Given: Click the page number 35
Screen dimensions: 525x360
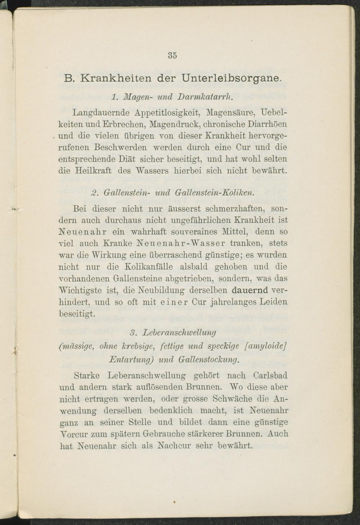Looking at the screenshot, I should pyautogui.click(x=172, y=55).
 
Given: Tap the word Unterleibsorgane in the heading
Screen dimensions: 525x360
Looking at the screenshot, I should pyautogui.click(x=230, y=78).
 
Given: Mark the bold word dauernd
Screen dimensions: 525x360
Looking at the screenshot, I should pyautogui.click(x=250, y=290).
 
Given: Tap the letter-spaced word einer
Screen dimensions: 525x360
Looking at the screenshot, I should pyautogui.click(x=173, y=302).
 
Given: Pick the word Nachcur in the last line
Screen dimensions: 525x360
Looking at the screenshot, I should pyautogui.click(x=175, y=446).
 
